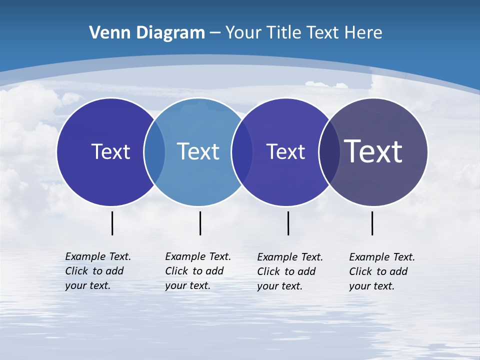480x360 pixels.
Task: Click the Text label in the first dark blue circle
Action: (110, 151)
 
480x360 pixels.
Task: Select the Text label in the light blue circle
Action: (198, 151)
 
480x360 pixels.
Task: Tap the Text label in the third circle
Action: (285, 151)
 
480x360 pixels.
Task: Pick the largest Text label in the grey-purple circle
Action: (373, 151)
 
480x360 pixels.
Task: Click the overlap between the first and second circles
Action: (154, 152)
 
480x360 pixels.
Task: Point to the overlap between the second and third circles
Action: (242, 152)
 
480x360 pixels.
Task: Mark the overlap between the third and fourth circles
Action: (329, 152)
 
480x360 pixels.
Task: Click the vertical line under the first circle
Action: (112, 223)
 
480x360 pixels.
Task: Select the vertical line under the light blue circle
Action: (200, 223)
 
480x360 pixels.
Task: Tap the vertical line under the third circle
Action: (288, 223)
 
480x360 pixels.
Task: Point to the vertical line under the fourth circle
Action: (372, 223)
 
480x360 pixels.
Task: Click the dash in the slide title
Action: (215, 33)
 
